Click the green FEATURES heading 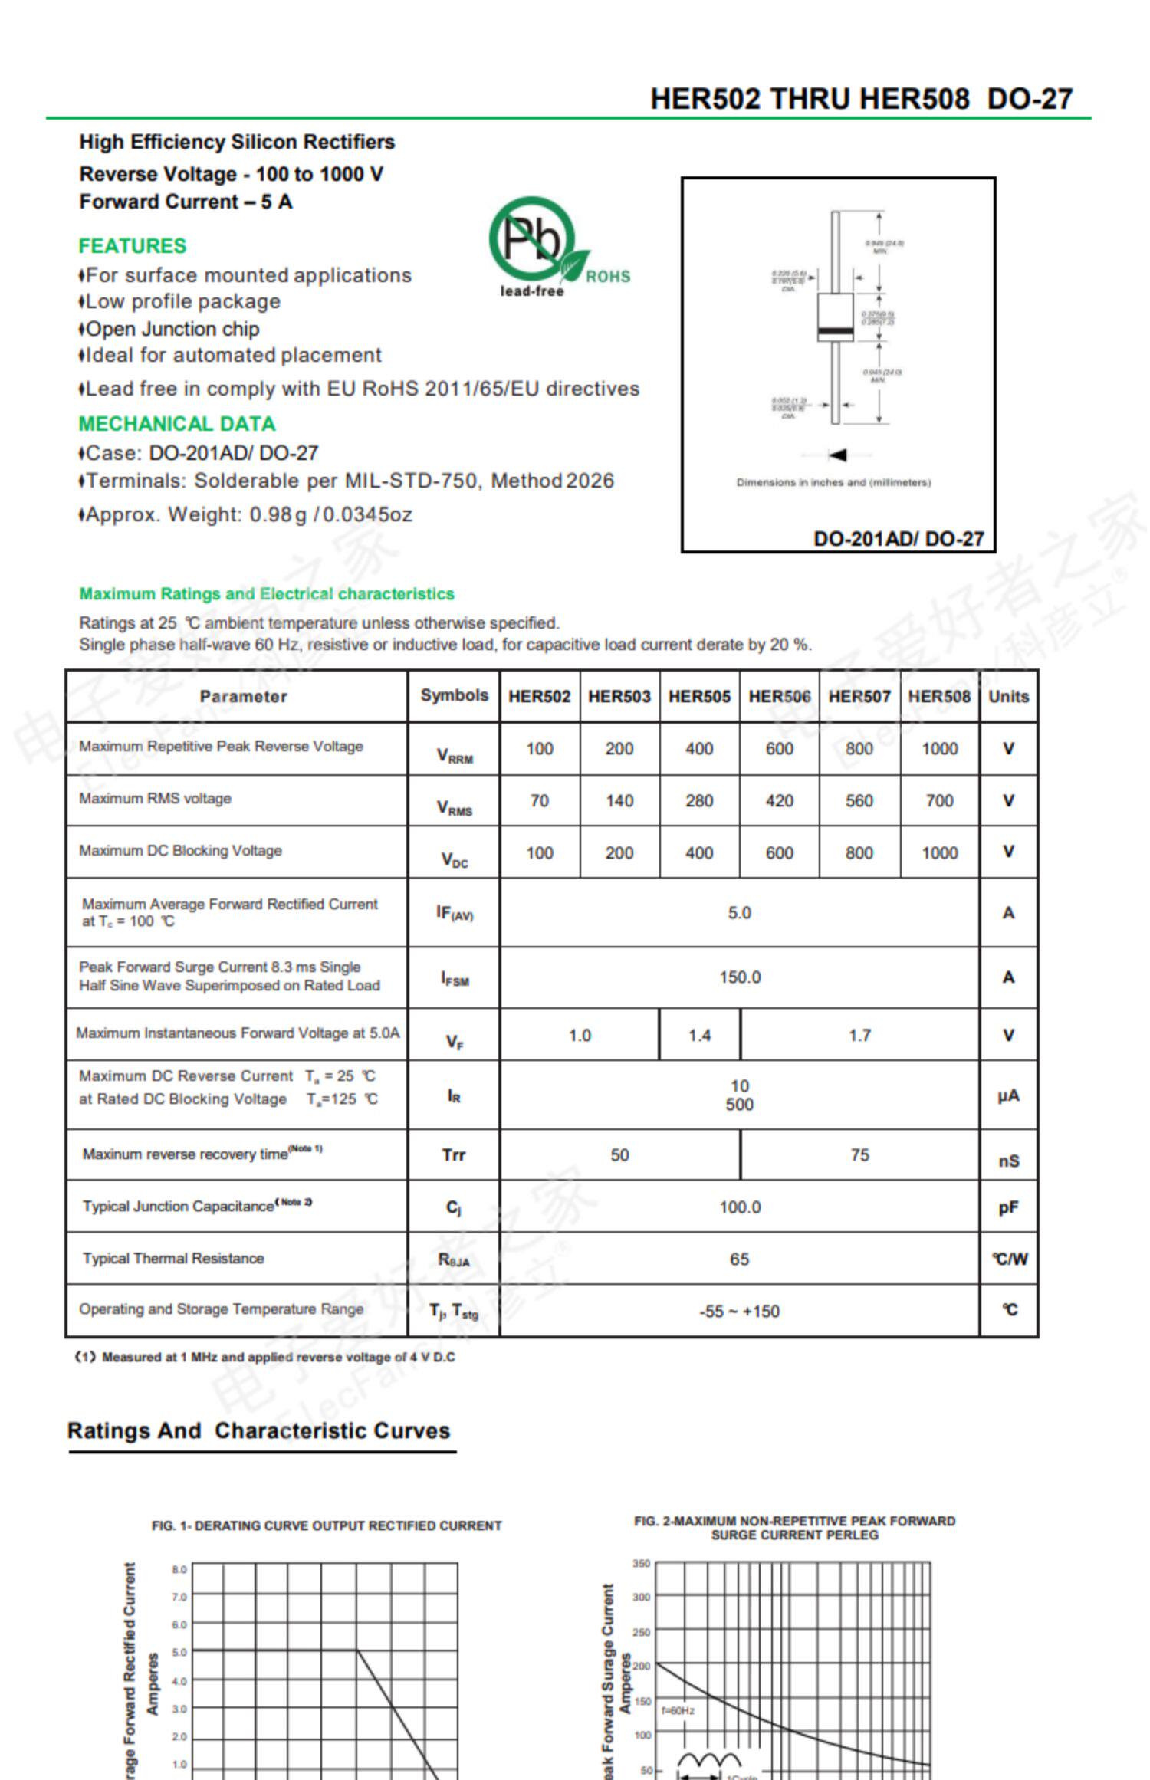(132, 246)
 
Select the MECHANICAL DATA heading (176, 424)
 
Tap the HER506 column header (779, 696)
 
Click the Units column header (1008, 696)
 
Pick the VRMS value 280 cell (699, 801)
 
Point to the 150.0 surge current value (740, 977)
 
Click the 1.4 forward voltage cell (699, 1036)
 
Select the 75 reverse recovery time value (859, 1155)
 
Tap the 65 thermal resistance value (739, 1259)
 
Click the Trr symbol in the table (453, 1155)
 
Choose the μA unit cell (1008, 1096)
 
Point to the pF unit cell (1008, 1208)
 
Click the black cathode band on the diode (835, 331)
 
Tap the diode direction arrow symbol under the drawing (837, 455)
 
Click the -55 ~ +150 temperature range (739, 1312)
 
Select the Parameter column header (243, 696)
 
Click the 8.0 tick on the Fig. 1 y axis (179, 1569)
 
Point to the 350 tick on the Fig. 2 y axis (642, 1563)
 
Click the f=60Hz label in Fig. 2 (678, 1710)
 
